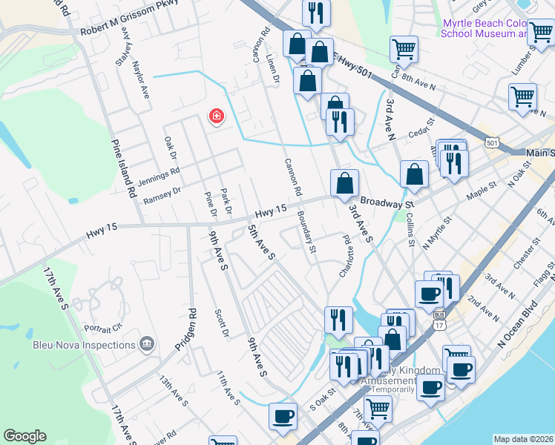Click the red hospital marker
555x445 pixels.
pos(216,116)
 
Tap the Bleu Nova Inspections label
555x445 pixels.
pos(83,344)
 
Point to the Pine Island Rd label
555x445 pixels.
pos(123,168)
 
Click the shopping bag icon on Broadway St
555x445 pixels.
pos(344,185)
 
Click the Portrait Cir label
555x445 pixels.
pos(104,328)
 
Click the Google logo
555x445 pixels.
pos(24,436)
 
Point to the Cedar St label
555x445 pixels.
pos(420,126)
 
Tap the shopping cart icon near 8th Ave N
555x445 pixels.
pos(404,50)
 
